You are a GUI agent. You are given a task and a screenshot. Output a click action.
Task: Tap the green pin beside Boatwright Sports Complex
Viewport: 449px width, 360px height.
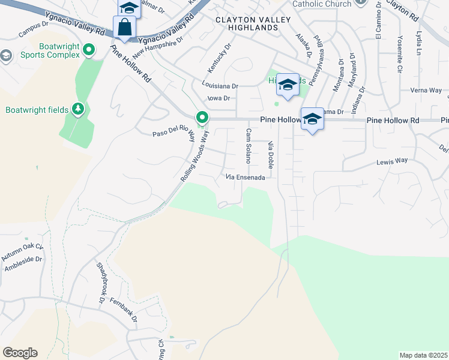[x=89, y=50]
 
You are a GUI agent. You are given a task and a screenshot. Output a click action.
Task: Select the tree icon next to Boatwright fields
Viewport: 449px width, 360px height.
[x=77, y=109]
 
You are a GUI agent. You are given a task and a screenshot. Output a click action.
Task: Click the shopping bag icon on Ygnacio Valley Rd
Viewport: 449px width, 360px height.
[x=124, y=28]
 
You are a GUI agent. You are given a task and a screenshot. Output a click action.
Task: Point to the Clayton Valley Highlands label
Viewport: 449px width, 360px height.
[x=253, y=24]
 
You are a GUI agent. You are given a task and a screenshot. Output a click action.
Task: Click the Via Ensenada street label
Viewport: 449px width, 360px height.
[x=245, y=177]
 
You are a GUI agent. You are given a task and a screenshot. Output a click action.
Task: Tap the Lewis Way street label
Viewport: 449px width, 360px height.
[x=392, y=161]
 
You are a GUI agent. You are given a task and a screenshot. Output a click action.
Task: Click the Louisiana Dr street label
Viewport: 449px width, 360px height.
[x=220, y=86]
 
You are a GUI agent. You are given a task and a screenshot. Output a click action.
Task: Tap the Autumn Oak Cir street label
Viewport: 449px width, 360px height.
[x=23, y=251]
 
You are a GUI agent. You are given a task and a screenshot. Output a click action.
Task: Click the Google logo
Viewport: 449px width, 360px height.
[x=20, y=352]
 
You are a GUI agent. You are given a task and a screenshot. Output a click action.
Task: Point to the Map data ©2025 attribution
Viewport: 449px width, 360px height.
[x=423, y=355]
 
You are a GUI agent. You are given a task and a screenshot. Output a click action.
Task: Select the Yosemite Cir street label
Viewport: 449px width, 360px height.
[x=399, y=42]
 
